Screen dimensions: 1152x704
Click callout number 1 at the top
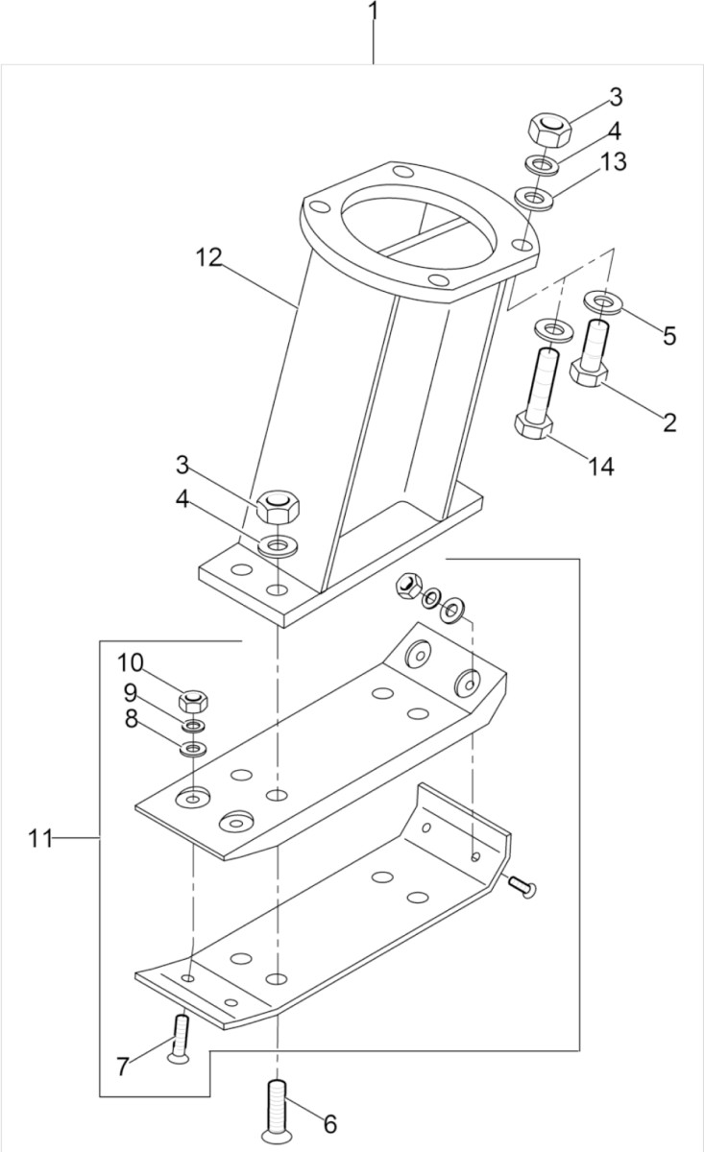pyautogui.click(x=374, y=13)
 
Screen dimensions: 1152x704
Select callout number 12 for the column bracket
pyautogui.click(x=208, y=257)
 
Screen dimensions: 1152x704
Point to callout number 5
pyautogui.click(x=668, y=335)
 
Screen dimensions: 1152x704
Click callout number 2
pyautogui.click(x=668, y=420)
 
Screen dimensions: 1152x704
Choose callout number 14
pyautogui.click(x=601, y=467)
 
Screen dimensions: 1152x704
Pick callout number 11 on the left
pyautogui.click(x=39, y=838)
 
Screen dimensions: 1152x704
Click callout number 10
pyautogui.click(x=130, y=662)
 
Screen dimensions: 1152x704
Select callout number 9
pyautogui.click(x=130, y=692)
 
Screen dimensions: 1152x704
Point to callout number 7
pyautogui.click(x=122, y=1066)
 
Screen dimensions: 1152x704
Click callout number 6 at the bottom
pyautogui.click(x=329, y=1122)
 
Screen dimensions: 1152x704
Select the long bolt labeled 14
pyautogui.click(x=540, y=394)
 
